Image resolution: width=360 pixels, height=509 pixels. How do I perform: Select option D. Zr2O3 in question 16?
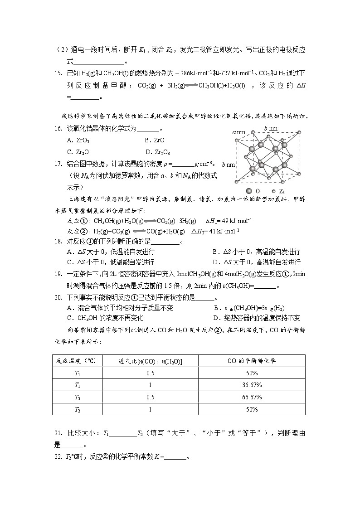[162, 152]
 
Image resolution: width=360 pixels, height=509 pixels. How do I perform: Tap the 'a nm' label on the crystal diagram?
[238, 132]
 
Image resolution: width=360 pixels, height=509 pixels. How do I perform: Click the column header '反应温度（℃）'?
[76, 361]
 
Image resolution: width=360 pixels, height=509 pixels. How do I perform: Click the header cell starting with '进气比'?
[151, 361]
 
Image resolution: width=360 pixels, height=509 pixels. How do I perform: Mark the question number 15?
[58, 73]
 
